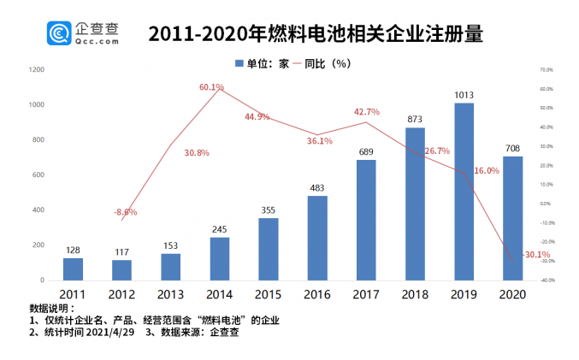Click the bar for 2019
click(x=464, y=192)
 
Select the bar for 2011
click(x=73, y=269)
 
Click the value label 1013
click(x=464, y=95)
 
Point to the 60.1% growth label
click(x=211, y=87)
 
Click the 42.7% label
click(x=366, y=112)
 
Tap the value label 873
click(x=415, y=120)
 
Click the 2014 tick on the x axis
click(x=220, y=293)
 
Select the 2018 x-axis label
click(x=415, y=293)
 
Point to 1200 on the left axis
click(x=36, y=69)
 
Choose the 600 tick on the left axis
click(x=38, y=175)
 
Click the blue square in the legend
click(x=239, y=62)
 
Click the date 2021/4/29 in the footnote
click(x=108, y=333)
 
